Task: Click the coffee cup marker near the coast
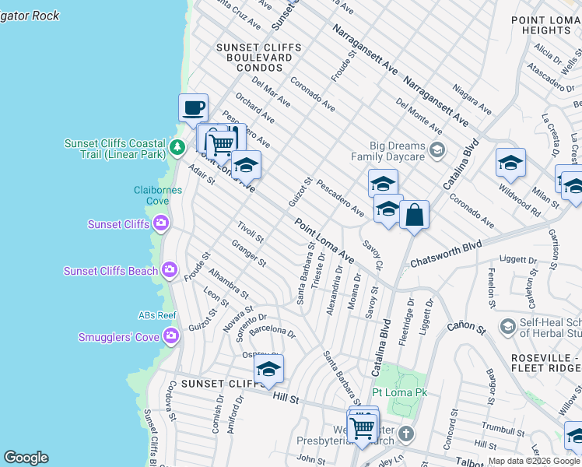[x=193, y=107]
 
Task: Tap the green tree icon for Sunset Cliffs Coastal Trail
[x=178, y=146]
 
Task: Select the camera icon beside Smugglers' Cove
[x=171, y=336]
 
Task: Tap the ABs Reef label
[x=157, y=315]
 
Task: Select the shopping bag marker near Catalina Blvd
[x=414, y=215]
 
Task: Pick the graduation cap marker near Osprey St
[x=268, y=369]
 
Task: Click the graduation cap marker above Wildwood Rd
[x=510, y=162]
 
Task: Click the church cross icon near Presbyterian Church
[x=407, y=433]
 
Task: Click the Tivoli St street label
[x=251, y=232]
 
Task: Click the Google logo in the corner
[x=26, y=458]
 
